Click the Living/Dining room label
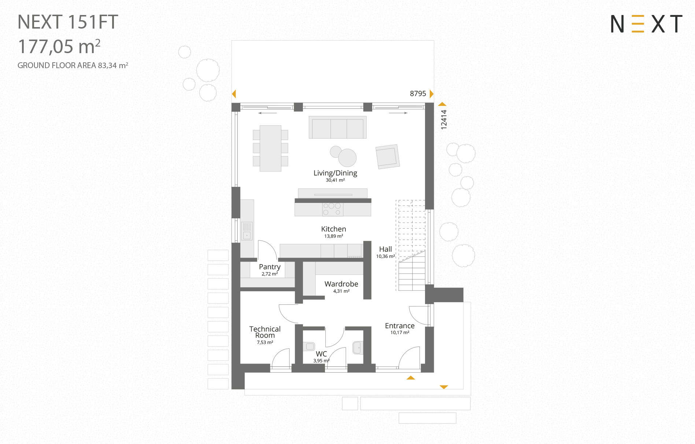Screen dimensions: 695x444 (x=335, y=173)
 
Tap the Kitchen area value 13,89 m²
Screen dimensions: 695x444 (x=333, y=236)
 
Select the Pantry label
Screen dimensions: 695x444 (x=270, y=267)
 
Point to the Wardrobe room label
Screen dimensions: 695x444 (x=341, y=284)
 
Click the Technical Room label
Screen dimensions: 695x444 (x=265, y=332)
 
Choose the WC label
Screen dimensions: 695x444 (x=321, y=354)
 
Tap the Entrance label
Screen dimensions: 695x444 (x=400, y=326)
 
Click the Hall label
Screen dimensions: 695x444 (x=385, y=249)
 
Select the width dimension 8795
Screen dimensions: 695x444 (x=418, y=94)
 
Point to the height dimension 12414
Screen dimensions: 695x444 (x=444, y=120)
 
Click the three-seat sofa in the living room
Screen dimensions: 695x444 (x=337, y=127)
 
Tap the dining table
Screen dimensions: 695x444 (x=270, y=148)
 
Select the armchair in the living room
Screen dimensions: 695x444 (x=387, y=156)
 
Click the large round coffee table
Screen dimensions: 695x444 (x=347, y=158)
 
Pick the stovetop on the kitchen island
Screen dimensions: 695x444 (x=333, y=209)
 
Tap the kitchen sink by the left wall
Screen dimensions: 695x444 (x=247, y=231)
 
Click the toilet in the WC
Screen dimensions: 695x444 (x=309, y=346)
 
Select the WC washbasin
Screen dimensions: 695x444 (x=358, y=347)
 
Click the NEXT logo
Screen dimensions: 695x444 (x=646, y=24)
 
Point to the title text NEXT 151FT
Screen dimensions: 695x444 (x=68, y=22)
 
